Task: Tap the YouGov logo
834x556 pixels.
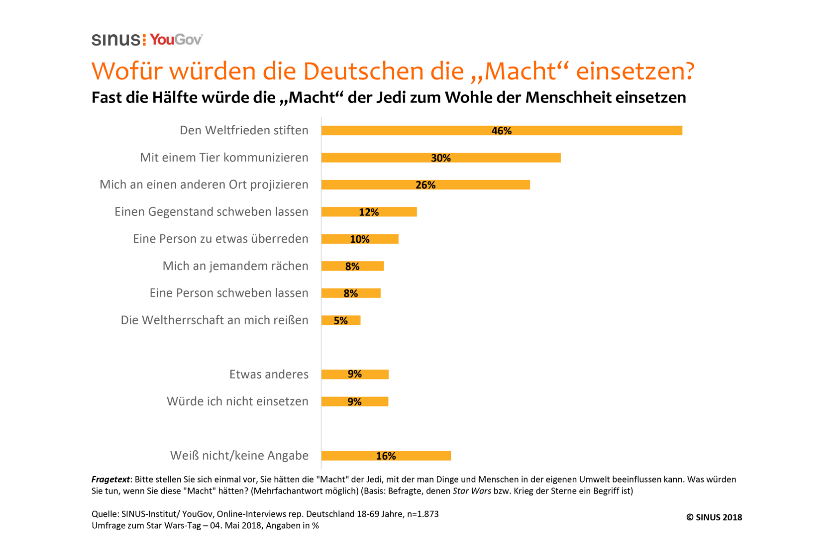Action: point(176,40)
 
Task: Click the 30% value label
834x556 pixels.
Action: point(441,158)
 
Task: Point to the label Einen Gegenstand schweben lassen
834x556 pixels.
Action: point(211,212)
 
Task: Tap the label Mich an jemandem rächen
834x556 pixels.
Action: point(235,266)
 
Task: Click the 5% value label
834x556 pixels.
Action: point(341,321)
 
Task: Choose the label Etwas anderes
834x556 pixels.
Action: point(269,374)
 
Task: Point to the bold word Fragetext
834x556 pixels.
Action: point(110,480)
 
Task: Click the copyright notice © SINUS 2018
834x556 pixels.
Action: point(714,518)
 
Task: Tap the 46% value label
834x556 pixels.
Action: point(501,131)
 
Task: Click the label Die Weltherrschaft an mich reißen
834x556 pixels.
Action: point(215,320)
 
